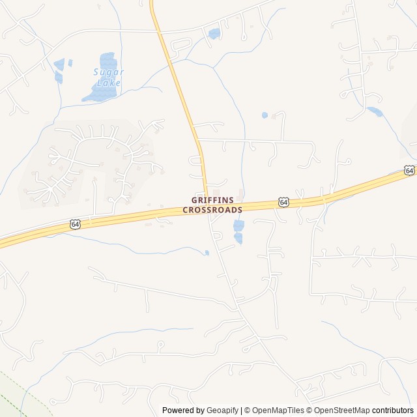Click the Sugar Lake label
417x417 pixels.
(108, 77)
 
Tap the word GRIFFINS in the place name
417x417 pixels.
(212, 200)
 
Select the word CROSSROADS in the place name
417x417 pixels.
(212, 210)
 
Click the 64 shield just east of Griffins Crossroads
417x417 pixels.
(283, 203)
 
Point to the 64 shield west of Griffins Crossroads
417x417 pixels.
(76, 224)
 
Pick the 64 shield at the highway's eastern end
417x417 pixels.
(409, 170)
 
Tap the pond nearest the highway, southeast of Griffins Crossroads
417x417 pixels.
(239, 225)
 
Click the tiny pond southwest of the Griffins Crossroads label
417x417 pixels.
(207, 253)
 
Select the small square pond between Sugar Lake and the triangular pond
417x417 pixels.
(70, 63)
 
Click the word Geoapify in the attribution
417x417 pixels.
(222, 410)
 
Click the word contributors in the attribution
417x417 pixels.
(393, 410)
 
